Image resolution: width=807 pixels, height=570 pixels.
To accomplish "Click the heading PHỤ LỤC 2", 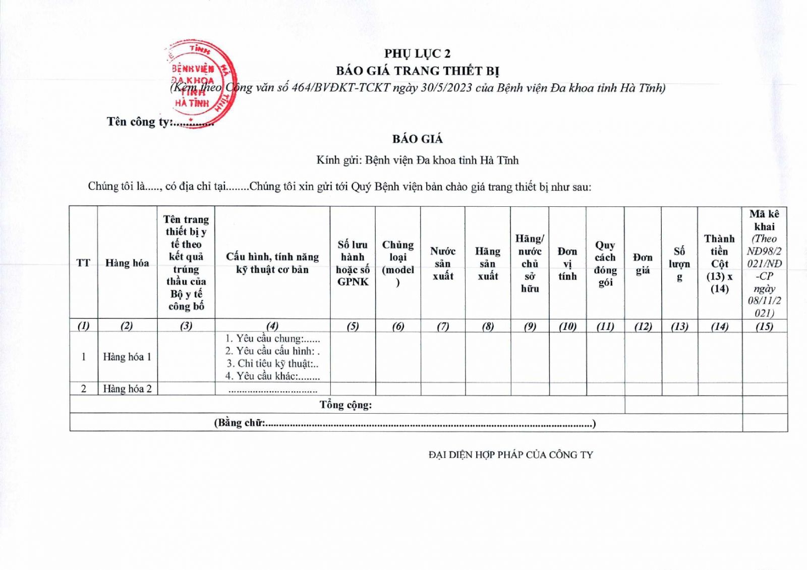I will point(417,53).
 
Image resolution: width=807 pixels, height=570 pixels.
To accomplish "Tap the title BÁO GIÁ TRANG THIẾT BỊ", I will point(417,71).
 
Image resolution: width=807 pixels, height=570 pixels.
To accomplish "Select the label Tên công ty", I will point(139,122).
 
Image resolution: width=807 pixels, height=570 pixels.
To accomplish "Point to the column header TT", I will point(83,263).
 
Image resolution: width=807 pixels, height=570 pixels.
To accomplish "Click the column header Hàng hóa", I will point(127,263).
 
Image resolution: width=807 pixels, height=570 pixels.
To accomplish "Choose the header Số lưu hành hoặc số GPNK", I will point(353,263).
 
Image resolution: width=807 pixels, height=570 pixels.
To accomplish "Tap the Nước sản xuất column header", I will point(442,263).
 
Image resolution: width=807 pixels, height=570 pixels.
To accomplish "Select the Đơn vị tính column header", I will point(567,263).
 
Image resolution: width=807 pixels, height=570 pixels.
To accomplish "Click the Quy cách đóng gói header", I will point(605,263).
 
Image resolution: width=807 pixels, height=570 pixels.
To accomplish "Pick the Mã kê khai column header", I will point(764,263).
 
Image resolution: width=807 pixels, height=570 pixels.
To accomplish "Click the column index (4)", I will point(272,326).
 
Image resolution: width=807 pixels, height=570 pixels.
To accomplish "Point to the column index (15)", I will point(764,326).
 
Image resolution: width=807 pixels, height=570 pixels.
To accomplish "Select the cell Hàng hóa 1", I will point(127,357).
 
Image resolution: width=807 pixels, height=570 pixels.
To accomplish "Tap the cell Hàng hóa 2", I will point(127,388).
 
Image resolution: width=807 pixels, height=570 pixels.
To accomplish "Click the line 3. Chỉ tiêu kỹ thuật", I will point(272,363).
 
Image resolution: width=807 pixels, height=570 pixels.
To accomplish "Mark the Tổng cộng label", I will point(345,405).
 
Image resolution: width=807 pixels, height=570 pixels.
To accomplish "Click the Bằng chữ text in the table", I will point(240,423).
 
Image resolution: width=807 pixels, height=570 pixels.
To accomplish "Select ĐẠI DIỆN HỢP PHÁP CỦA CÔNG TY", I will point(510,454).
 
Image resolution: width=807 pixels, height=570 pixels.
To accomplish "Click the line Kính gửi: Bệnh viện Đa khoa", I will point(417,160).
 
